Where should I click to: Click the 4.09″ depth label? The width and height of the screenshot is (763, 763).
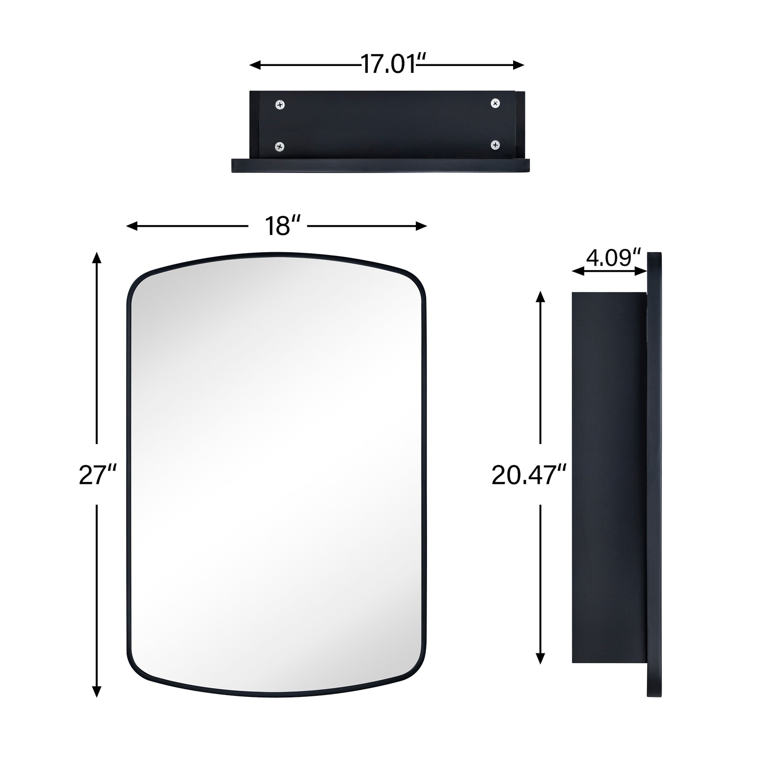tap(612, 258)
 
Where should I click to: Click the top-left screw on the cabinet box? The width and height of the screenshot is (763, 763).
tap(280, 104)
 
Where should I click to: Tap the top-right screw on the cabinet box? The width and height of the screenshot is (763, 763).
tap(495, 103)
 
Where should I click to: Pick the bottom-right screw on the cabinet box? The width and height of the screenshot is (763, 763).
tap(495, 145)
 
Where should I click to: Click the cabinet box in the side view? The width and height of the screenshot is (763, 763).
tap(609, 476)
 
